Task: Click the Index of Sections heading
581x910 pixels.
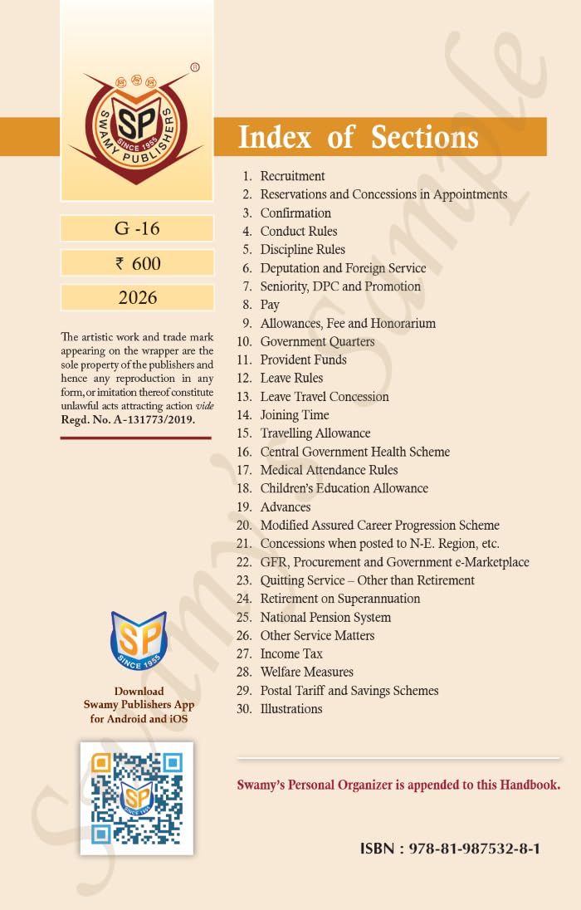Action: (358, 137)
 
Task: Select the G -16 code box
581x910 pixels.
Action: (137, 227)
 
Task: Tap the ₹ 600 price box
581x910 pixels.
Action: (137, 263)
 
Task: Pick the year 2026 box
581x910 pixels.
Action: (137, 297)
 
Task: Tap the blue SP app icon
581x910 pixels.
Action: (139, 641)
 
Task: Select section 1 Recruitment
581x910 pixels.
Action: (292, 176)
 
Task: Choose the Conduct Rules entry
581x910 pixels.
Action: (298, 231)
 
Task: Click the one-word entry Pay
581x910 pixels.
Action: (270, 305)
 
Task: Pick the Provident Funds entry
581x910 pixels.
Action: (303, 360)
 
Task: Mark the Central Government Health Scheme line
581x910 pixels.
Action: (354, 452)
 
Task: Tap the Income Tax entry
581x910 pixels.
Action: (291, 653)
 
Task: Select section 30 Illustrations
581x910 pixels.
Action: (290, 708)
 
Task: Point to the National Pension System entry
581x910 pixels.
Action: (325, 617)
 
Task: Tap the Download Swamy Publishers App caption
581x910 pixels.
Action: (139, 705)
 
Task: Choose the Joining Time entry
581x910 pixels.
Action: (294, 414)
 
